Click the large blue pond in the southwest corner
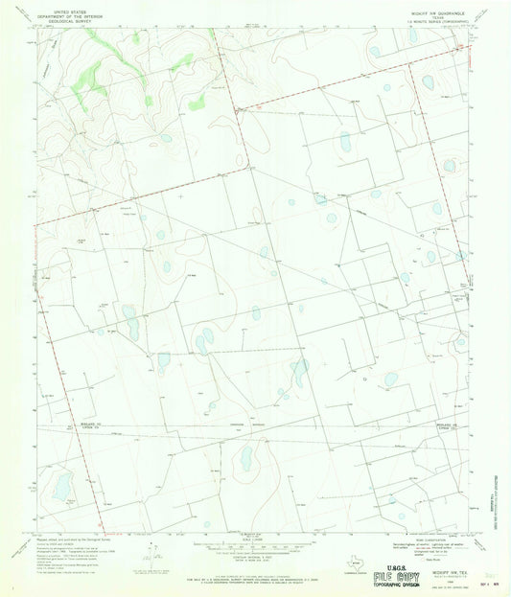tap(63, 486)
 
